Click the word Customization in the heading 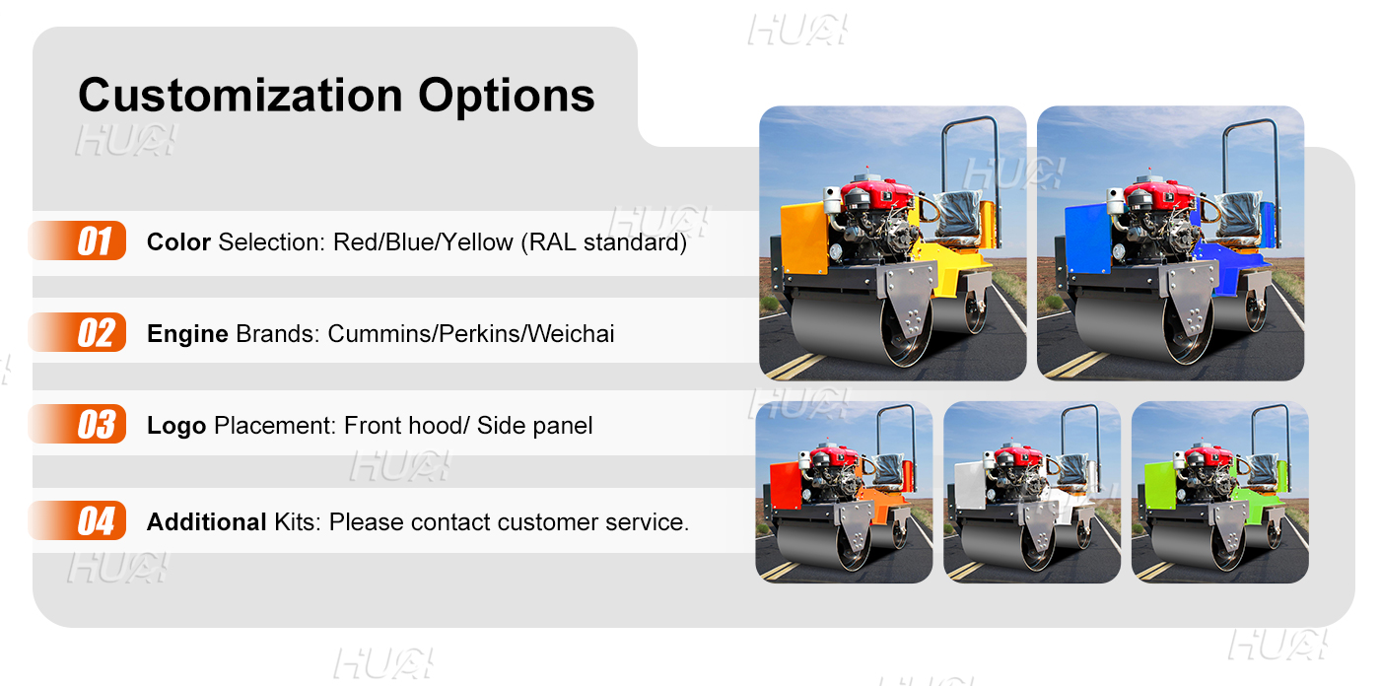click(x=240, y=96)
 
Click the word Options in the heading click(x=506, y=96)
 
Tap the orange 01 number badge click(x=95, y=241)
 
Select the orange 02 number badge click(x=95, y=333)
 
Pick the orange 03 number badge click(x=95, y=425)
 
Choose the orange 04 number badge click(x=95, y=520)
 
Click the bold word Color click(x=178, y=241)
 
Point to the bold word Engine click(x=187, y=334)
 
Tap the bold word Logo click(x=176, y=426)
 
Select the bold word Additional click(x=206, y=521)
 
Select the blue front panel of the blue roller click(x=1087, y=237)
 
